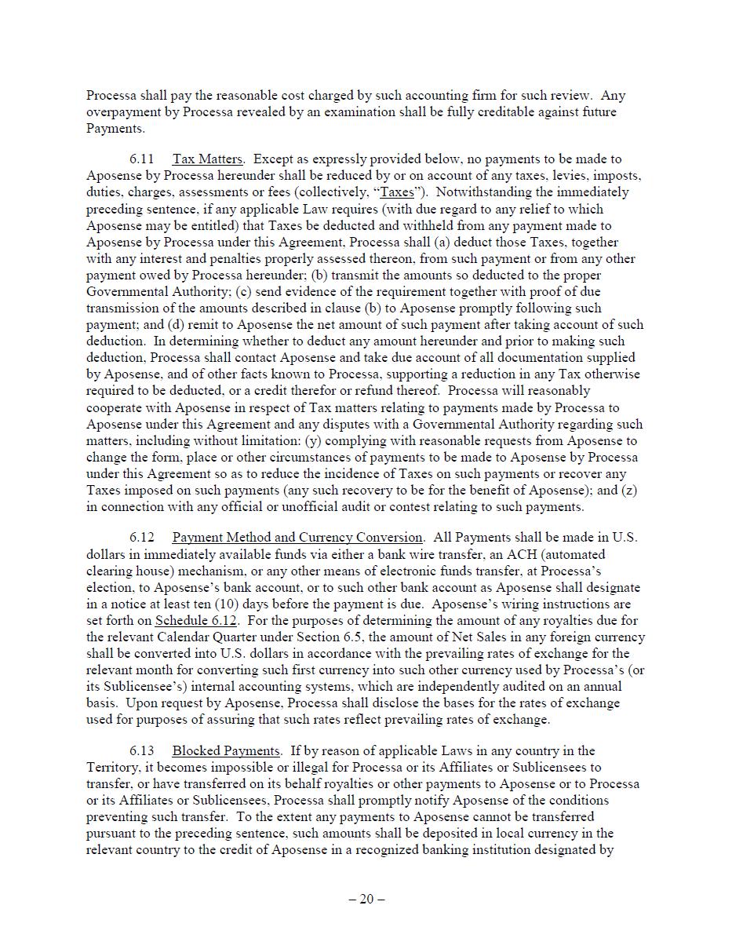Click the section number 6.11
[x=142, y=159]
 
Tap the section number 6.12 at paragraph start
[x=142, y=538]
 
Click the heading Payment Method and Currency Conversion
[x=297, y=538]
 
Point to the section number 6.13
[x=142, y=751]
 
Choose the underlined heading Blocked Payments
[x=225, y=751]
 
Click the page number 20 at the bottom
[x=366, y=900]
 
